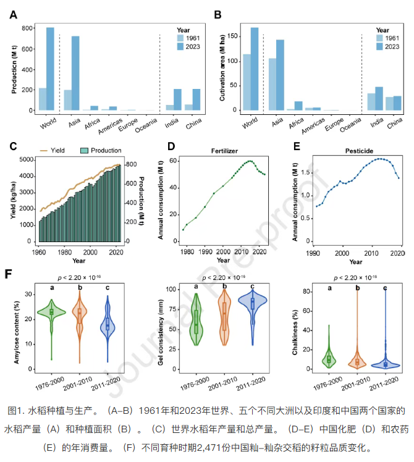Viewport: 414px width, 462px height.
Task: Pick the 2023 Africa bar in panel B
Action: [x=298, y=106]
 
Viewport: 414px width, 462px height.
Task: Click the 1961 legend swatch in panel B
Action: [x=380, y=38]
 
